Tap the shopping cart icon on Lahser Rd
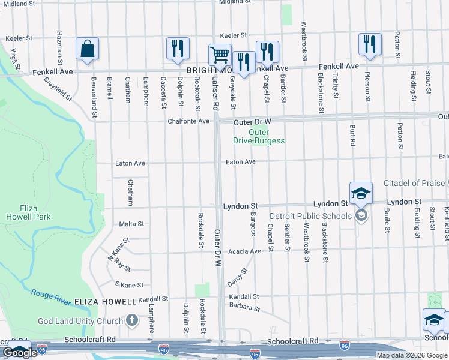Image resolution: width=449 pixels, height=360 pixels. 220,55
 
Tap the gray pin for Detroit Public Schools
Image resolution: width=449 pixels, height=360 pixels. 361,215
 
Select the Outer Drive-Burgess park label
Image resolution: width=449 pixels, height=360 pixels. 259,136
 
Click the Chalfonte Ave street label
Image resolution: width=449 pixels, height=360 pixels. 188,121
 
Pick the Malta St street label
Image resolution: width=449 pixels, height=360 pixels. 131,224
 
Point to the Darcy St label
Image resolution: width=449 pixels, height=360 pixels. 237,277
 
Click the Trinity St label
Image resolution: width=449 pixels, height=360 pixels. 336,86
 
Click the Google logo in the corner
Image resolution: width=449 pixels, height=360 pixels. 20,353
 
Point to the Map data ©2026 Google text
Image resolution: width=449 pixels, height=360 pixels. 412,355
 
